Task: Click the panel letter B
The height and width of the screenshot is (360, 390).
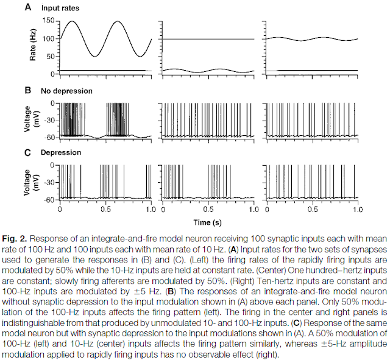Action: [28, 91]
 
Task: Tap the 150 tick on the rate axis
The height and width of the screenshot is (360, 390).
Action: [50, 21]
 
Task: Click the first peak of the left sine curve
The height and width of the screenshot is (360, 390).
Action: [73, 21]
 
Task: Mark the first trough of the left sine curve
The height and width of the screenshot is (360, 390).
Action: [95, 57]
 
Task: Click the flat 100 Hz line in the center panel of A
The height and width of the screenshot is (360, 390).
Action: [207, 39]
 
